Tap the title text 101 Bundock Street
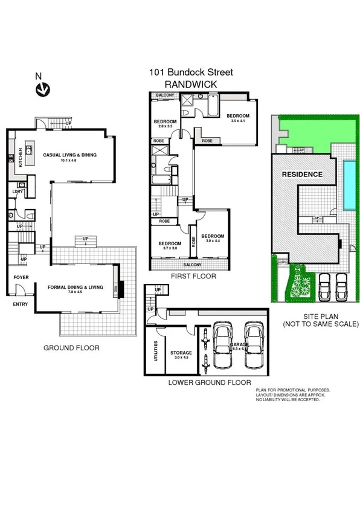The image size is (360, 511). point(191,72)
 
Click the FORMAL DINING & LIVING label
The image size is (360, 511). point(76,287)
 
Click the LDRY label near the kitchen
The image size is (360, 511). point(17,192)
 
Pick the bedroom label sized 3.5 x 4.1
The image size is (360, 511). point(237,117)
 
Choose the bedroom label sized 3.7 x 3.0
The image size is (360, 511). point(166,245)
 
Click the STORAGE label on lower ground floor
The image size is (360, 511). point(181,352)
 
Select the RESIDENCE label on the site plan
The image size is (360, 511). point(302,174)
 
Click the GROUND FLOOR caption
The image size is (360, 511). point(71,348)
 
